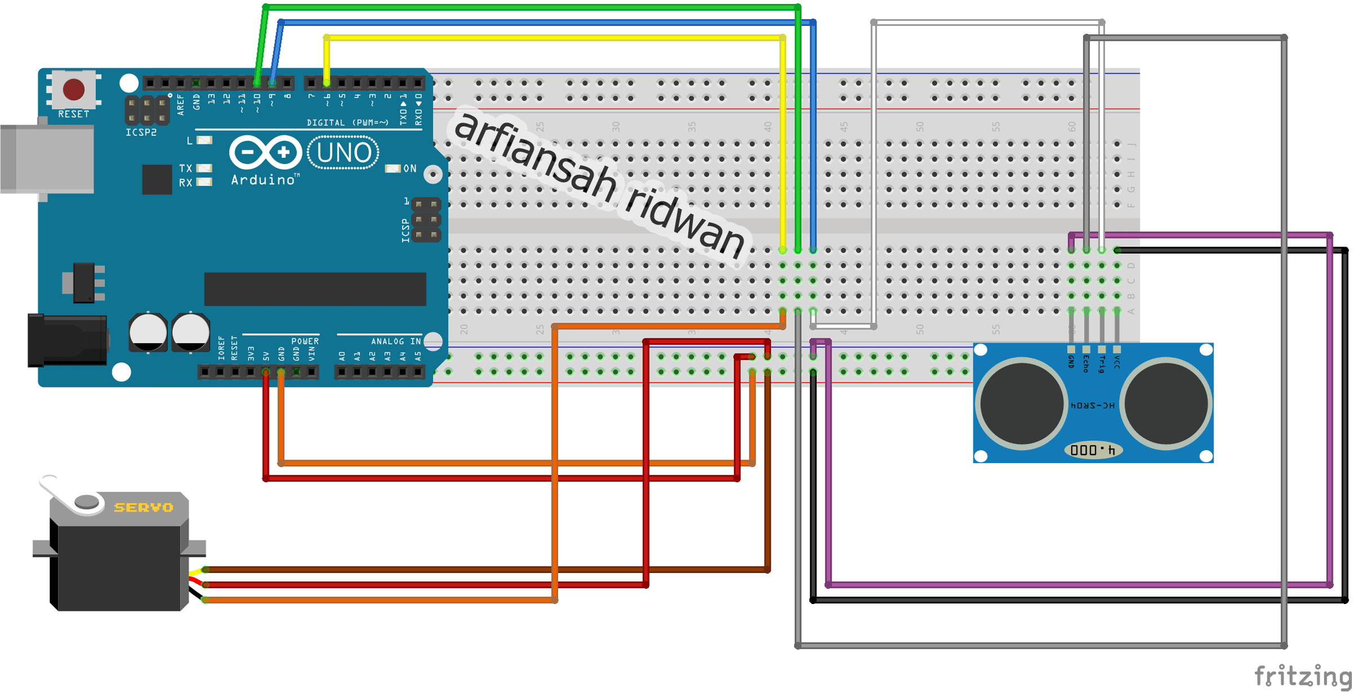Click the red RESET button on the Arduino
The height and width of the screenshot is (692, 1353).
74,89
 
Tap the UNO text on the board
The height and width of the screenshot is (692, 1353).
344,153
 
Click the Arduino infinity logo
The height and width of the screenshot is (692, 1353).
266,152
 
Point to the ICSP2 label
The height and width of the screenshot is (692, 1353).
141,133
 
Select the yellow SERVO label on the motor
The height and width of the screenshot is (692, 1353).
143,508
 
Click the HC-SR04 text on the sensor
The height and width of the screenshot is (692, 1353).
1093,405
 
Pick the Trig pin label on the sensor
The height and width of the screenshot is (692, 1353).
1102,364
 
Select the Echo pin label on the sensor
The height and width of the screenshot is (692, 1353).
1086,364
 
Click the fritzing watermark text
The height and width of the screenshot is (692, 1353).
1302,676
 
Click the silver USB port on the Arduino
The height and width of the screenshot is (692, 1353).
47,159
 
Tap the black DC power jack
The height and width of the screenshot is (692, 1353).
68,340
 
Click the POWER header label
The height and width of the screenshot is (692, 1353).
305,341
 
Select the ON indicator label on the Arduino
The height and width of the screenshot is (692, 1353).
410,169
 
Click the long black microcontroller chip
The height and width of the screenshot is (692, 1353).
315,289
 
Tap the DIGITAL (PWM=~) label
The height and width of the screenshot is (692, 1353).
347,122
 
